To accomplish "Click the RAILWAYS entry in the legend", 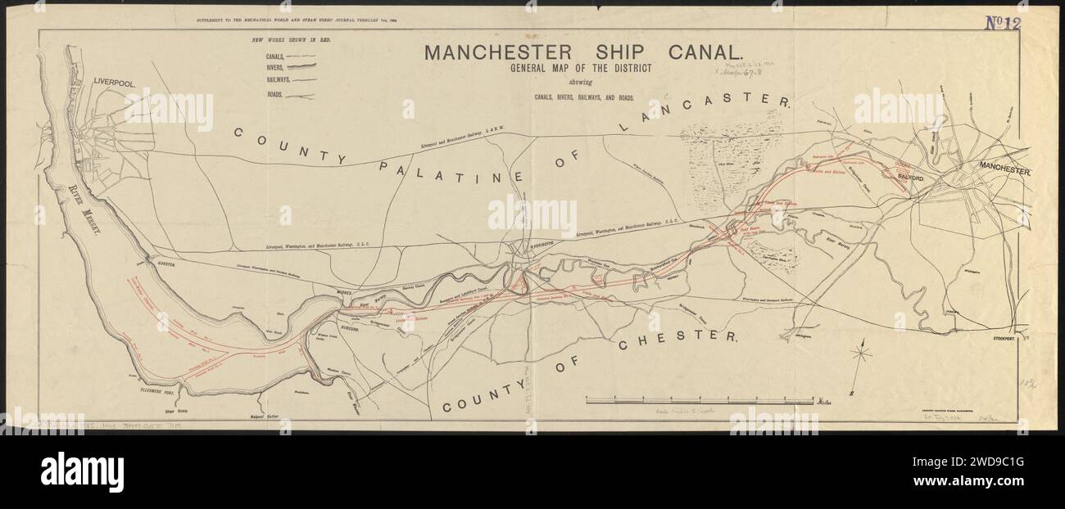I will tap(278, 81).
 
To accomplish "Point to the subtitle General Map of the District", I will tap(581, 69).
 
